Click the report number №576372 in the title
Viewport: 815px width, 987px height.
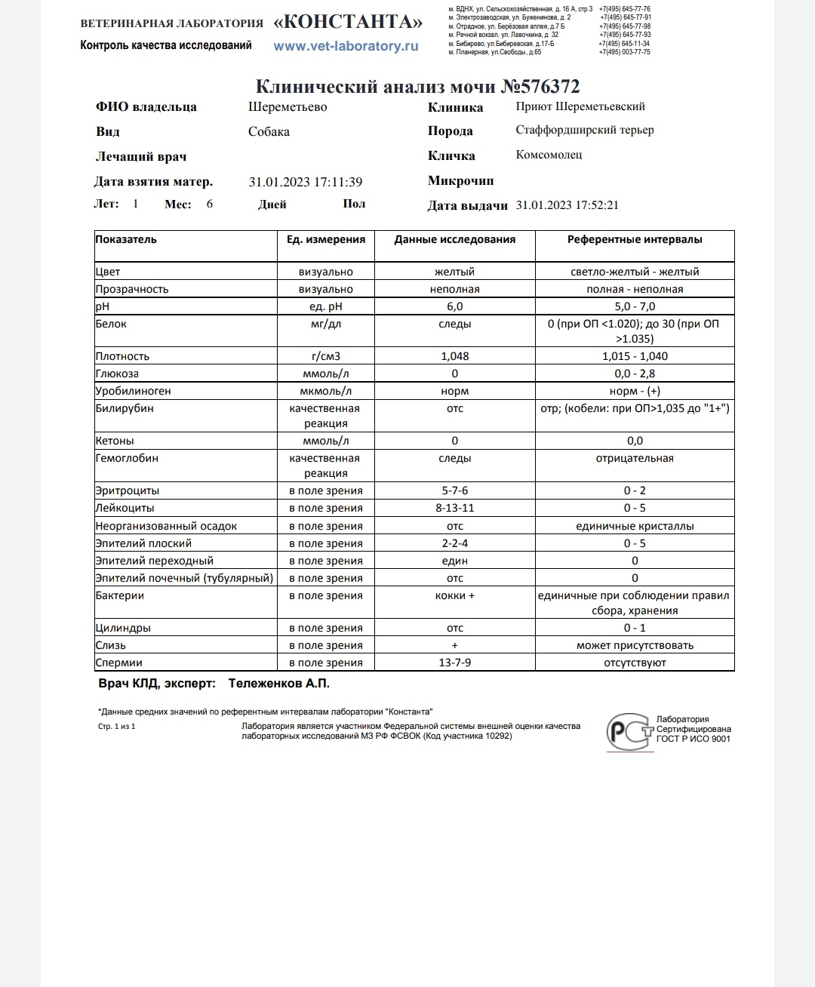[540, 87]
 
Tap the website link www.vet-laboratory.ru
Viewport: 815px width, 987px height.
[346, 46]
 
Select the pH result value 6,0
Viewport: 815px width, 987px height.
[454, 306]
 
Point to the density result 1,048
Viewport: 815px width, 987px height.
[454, 356]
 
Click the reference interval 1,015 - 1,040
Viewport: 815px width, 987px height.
[635, 356]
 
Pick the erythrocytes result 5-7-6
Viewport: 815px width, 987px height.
[454, 490]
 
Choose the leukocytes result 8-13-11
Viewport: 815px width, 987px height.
[454, 508]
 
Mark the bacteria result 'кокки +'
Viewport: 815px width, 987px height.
[454, 595]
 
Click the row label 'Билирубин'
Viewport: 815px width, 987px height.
[125, 408]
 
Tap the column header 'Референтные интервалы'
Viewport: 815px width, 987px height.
[635, 239]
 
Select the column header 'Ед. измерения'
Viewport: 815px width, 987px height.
[326, 239]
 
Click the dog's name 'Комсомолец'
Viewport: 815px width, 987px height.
[549, 155]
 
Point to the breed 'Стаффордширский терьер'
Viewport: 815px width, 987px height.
[585, 130]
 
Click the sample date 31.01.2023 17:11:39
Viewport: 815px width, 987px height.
[306, 182]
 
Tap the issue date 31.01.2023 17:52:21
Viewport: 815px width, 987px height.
[567, 205]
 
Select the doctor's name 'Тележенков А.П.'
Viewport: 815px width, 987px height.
[279, 683]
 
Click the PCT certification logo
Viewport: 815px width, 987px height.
[629, 731]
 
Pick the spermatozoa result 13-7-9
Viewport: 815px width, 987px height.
[454, 663]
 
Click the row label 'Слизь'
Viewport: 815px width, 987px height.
[111, 645]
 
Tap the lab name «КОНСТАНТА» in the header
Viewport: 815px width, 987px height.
[348, 22]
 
